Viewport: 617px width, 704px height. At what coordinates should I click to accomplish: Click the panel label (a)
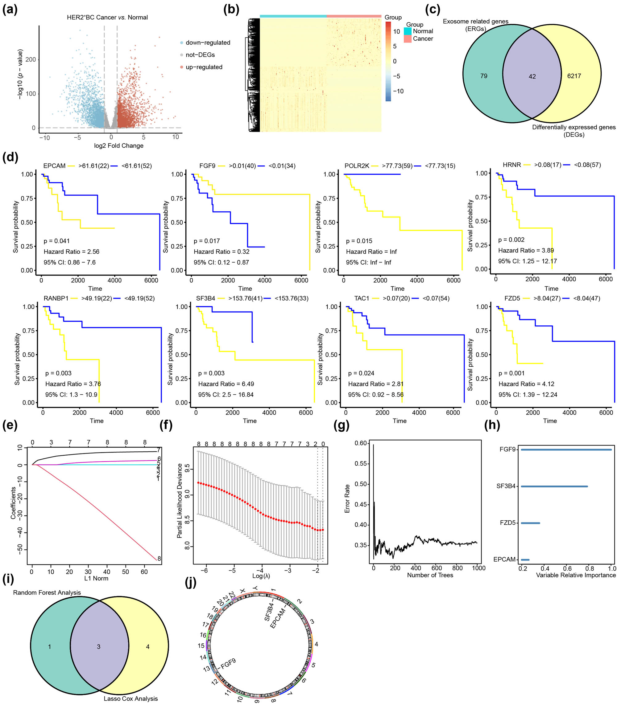coord(10,9)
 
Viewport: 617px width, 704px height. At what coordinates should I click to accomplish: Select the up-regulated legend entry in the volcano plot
coord(204,67)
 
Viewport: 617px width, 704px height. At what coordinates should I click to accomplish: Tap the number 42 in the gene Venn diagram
coord(532,76)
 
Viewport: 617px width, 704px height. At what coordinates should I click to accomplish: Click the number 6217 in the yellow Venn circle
coord(574,76)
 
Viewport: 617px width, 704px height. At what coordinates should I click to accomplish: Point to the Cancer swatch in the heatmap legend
coord(408,39)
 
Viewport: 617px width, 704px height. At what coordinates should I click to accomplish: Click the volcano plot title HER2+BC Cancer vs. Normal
coord(107,17)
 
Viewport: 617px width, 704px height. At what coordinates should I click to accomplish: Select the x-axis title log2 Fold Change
coord(118,145)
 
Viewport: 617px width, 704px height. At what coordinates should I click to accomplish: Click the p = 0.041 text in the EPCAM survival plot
coord(56,241)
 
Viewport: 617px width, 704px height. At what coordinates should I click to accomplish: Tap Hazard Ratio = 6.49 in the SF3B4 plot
coord(226,384)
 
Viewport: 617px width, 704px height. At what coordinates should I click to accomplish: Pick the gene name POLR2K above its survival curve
coord(357,166)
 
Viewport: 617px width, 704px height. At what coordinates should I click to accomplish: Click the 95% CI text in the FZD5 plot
coord(528,394)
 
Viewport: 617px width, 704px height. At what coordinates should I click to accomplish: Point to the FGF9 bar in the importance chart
coord(566,450)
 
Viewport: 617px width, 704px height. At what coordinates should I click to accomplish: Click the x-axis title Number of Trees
coord(430,575)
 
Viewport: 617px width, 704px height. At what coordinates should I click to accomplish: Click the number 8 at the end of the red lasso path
coord(159,559)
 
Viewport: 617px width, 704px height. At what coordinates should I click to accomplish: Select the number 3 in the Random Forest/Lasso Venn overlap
coord(98,647)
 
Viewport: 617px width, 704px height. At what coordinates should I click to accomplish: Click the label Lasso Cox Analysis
coord(130,698)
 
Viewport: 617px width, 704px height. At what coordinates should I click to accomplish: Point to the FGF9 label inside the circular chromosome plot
coord(228,663)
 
